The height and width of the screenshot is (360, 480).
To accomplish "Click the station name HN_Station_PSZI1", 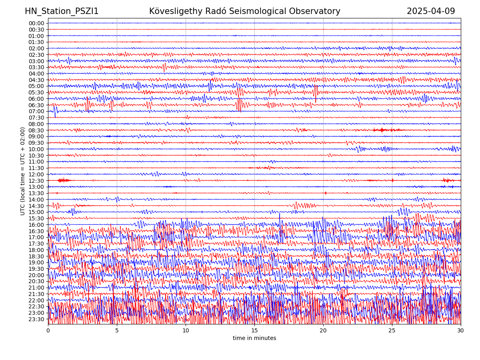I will click(62, 11).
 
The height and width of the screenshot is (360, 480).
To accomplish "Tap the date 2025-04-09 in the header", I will click(431, 11).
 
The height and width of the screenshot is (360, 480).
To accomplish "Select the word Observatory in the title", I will click(318, 11).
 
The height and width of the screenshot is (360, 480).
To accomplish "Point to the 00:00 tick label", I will click(36, 23).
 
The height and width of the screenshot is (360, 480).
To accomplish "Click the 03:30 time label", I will click(36, 67).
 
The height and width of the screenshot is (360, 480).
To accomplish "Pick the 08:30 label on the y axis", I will click(36, 130).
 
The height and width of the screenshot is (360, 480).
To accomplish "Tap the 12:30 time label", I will click(36, 181).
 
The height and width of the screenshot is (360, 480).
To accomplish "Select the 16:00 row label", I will click(36, 225).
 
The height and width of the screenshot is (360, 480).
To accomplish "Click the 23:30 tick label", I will click(36, 319).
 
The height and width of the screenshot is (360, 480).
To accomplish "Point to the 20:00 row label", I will click(36, 275).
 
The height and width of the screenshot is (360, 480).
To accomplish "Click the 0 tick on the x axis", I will click(48, 330).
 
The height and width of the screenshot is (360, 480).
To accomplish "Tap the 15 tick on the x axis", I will click(254, 330).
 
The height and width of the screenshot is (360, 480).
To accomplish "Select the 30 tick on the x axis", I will click(461, 330).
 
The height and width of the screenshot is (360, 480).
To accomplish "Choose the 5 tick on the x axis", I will click(117, 330).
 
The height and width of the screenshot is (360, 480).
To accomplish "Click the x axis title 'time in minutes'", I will click(254, 338).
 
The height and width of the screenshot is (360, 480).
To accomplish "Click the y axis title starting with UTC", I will click(23, 171).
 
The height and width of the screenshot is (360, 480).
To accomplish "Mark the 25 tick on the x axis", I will click(392, 330).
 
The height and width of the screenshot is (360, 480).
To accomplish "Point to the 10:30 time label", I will click(36, 156).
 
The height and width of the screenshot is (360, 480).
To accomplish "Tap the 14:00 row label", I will click(36, 200).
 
